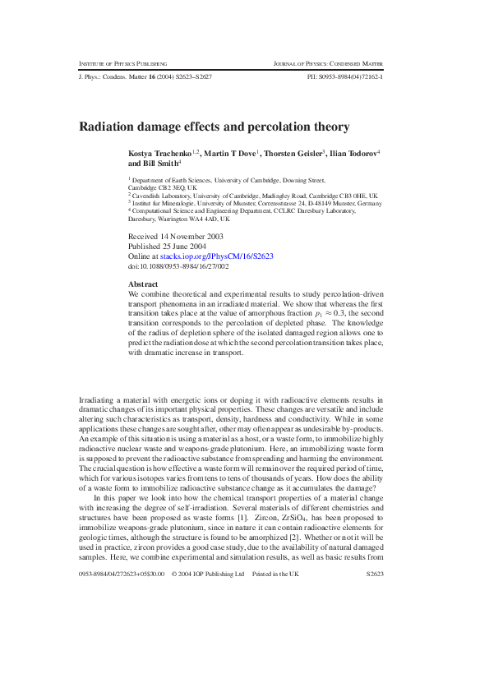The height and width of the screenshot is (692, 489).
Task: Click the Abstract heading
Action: [144, 284]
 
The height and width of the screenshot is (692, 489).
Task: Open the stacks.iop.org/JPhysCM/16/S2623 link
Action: [217, 256]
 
